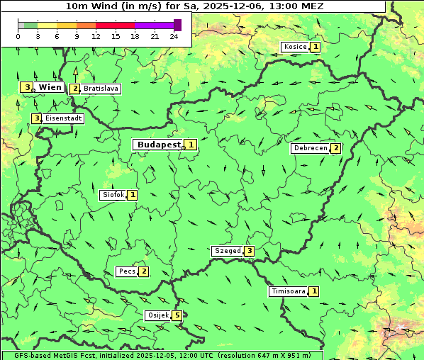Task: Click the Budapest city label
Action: pyautogui.click(x=159, y=145)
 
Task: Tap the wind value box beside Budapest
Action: pyautogui.click(x=191, y=145)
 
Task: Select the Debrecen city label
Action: pyautogui.click(x=310, y=149)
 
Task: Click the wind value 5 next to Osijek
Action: pyautogui.click(x=177, y=315)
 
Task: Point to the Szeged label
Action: pyautogui.click(x=227, y=251)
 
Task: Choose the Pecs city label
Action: pyautogui.click(x=127, y=271)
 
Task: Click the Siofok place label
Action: pyautogui.click(x=113, y=195)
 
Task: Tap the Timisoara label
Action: pyautogui.click(x=288, y=291)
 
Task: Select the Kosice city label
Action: pyautogui.click(x=294, y=47)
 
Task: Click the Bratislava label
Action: pyautogui.click(x=100, y=89)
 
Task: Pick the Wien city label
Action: pyautogui.click(x=50, y=87)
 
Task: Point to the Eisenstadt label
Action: pyautogui.click(x=63, y=118)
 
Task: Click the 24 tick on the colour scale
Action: pyautogui.click(x=174, y=36)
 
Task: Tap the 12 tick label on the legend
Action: pyautogui.click(x=96, y=36)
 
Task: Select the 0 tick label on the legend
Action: pyautogui.click(x=18, y=36)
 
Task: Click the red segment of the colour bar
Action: pyautogui.click(x=125, y=25)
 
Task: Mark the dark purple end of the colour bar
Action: pyautogui.click(x=177, y=25)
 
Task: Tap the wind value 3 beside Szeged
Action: pyautogui.click(x=249, y=251)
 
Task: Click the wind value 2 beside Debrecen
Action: pyautogui.click(x=336, y=149)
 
